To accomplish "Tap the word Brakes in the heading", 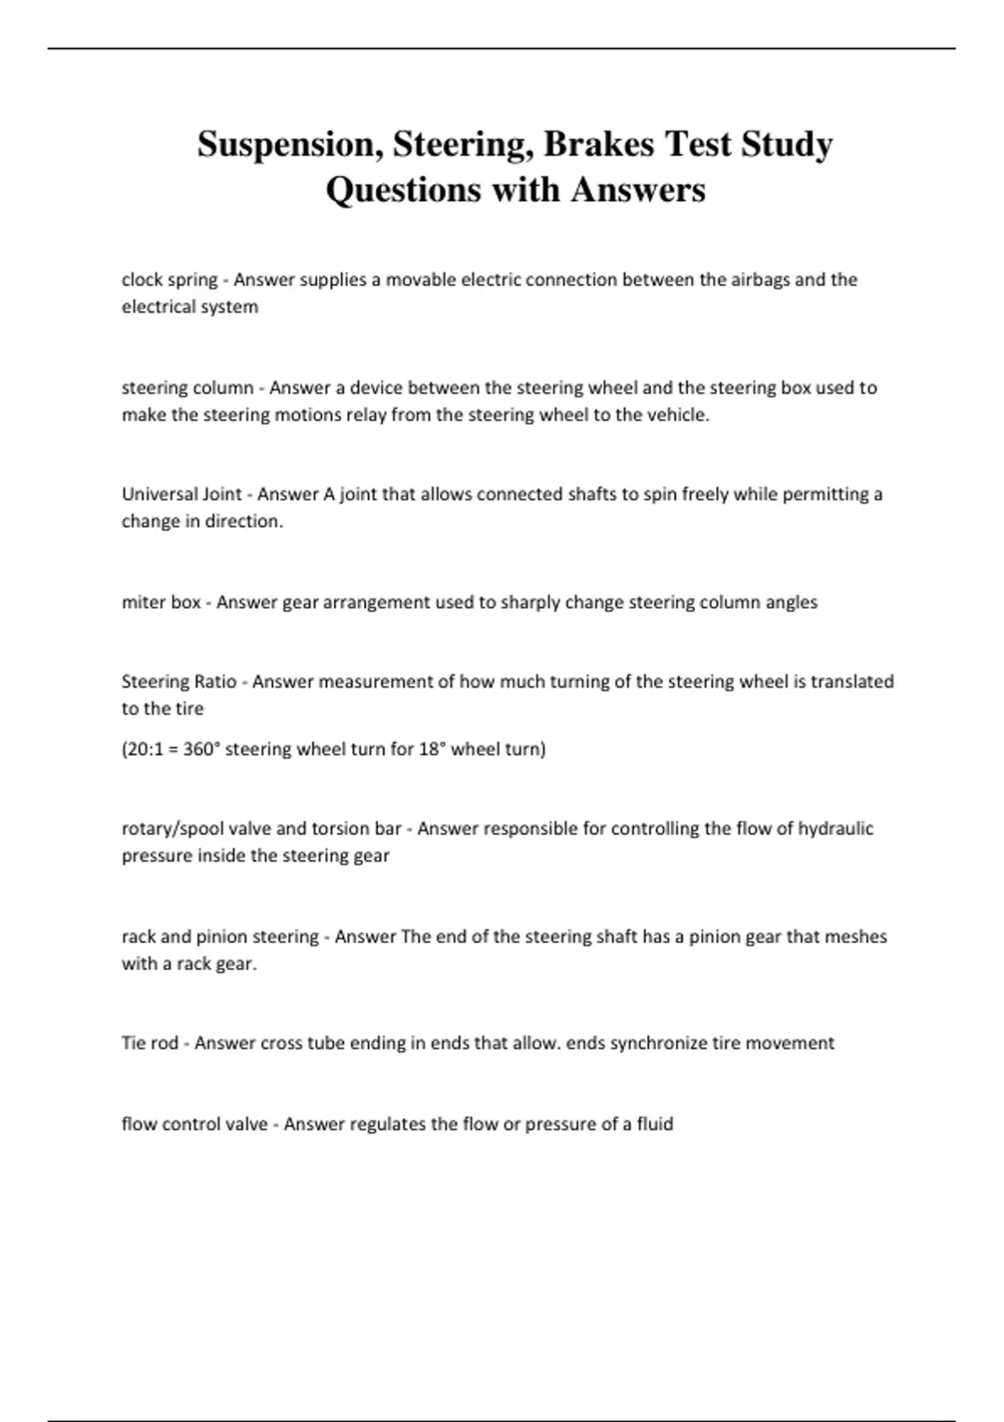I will pos(598,144).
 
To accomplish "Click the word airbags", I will pos(759,279).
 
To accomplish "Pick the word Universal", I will pos(160,494).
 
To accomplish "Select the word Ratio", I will pos(215,682).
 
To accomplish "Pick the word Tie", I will pos(134,1043).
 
